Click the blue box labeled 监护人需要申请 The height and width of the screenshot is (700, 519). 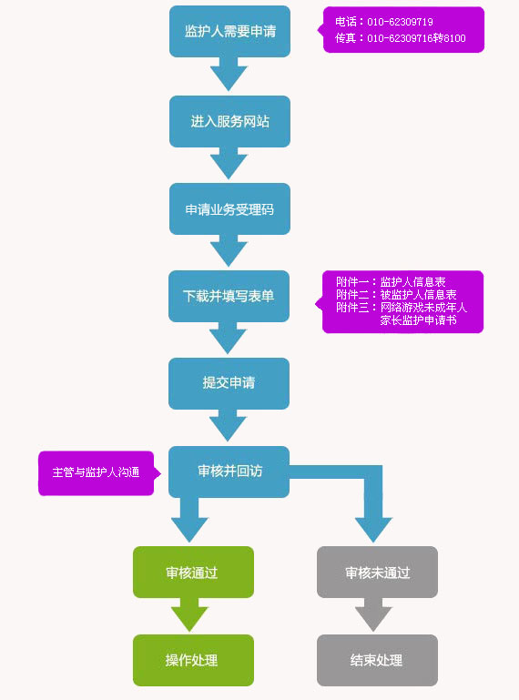click(x=229, y=31)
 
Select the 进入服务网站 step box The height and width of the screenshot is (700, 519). click(x=229, y=121)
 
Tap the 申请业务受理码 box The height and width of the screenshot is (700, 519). click(x=229, y=209)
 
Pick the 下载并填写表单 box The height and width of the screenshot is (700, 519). click(x=229, y=296)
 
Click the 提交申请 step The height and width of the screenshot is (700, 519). click(x=229, y=383)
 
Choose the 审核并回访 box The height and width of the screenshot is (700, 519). click(x=229, y=472)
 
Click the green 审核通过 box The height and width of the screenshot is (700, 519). click(x=193, y=572)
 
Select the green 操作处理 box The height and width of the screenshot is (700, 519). click(x=193, y=660)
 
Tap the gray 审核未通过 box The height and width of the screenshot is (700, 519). click(x=378, y=572)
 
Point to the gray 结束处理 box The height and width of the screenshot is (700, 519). click(x=378, y=660)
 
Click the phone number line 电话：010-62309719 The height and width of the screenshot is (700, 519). click(x=384, y=22)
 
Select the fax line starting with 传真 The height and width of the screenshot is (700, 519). click(x=401, y=38)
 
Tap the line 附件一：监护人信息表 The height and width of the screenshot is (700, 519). click(x=391, y=281)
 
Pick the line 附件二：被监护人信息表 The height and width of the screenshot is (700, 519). click(x=396, y=295)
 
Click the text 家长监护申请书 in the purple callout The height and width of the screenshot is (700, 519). click(x=419, y=320)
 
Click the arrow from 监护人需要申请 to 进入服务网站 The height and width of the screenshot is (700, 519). click(x=229, y=74)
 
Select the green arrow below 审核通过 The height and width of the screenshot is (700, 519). click(x=189, y=614)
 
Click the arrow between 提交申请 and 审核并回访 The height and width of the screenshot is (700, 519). click(x=229, y=425)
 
